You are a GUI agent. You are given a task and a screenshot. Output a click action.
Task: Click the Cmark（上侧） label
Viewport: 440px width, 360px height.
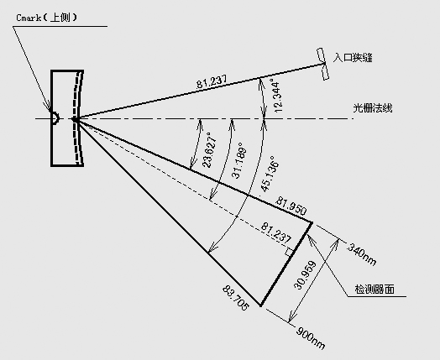46,18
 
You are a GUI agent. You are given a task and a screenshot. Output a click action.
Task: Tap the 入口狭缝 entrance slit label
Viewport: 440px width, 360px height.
353,58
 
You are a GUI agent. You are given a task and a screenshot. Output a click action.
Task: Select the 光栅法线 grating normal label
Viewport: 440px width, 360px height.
372,108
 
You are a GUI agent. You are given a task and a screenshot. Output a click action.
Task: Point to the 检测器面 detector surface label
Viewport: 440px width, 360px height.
375,289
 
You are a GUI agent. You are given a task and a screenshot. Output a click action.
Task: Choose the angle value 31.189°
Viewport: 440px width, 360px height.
238,160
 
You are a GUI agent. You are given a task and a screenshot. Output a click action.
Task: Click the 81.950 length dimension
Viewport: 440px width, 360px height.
291,206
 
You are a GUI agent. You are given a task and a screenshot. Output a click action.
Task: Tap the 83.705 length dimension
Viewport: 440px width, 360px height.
236,298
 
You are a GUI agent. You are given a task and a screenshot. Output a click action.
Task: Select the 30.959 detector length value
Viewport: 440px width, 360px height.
305,275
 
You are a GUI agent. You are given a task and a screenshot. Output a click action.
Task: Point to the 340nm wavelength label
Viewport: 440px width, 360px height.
362,254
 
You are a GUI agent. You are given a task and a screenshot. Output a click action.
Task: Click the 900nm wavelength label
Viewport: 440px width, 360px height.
311,338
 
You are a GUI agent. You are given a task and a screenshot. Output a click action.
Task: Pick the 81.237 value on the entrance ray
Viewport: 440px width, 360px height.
212,81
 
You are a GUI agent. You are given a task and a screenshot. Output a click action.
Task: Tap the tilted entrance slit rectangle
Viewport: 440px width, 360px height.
322,64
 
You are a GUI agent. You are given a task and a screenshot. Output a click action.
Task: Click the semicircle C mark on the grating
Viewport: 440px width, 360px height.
55,118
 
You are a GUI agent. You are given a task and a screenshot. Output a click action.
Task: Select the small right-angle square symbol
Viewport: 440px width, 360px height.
289,252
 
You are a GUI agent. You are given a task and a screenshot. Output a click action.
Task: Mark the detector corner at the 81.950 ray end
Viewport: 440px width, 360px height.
312,222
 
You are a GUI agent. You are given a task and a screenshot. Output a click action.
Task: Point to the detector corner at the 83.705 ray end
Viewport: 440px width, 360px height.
260,305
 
